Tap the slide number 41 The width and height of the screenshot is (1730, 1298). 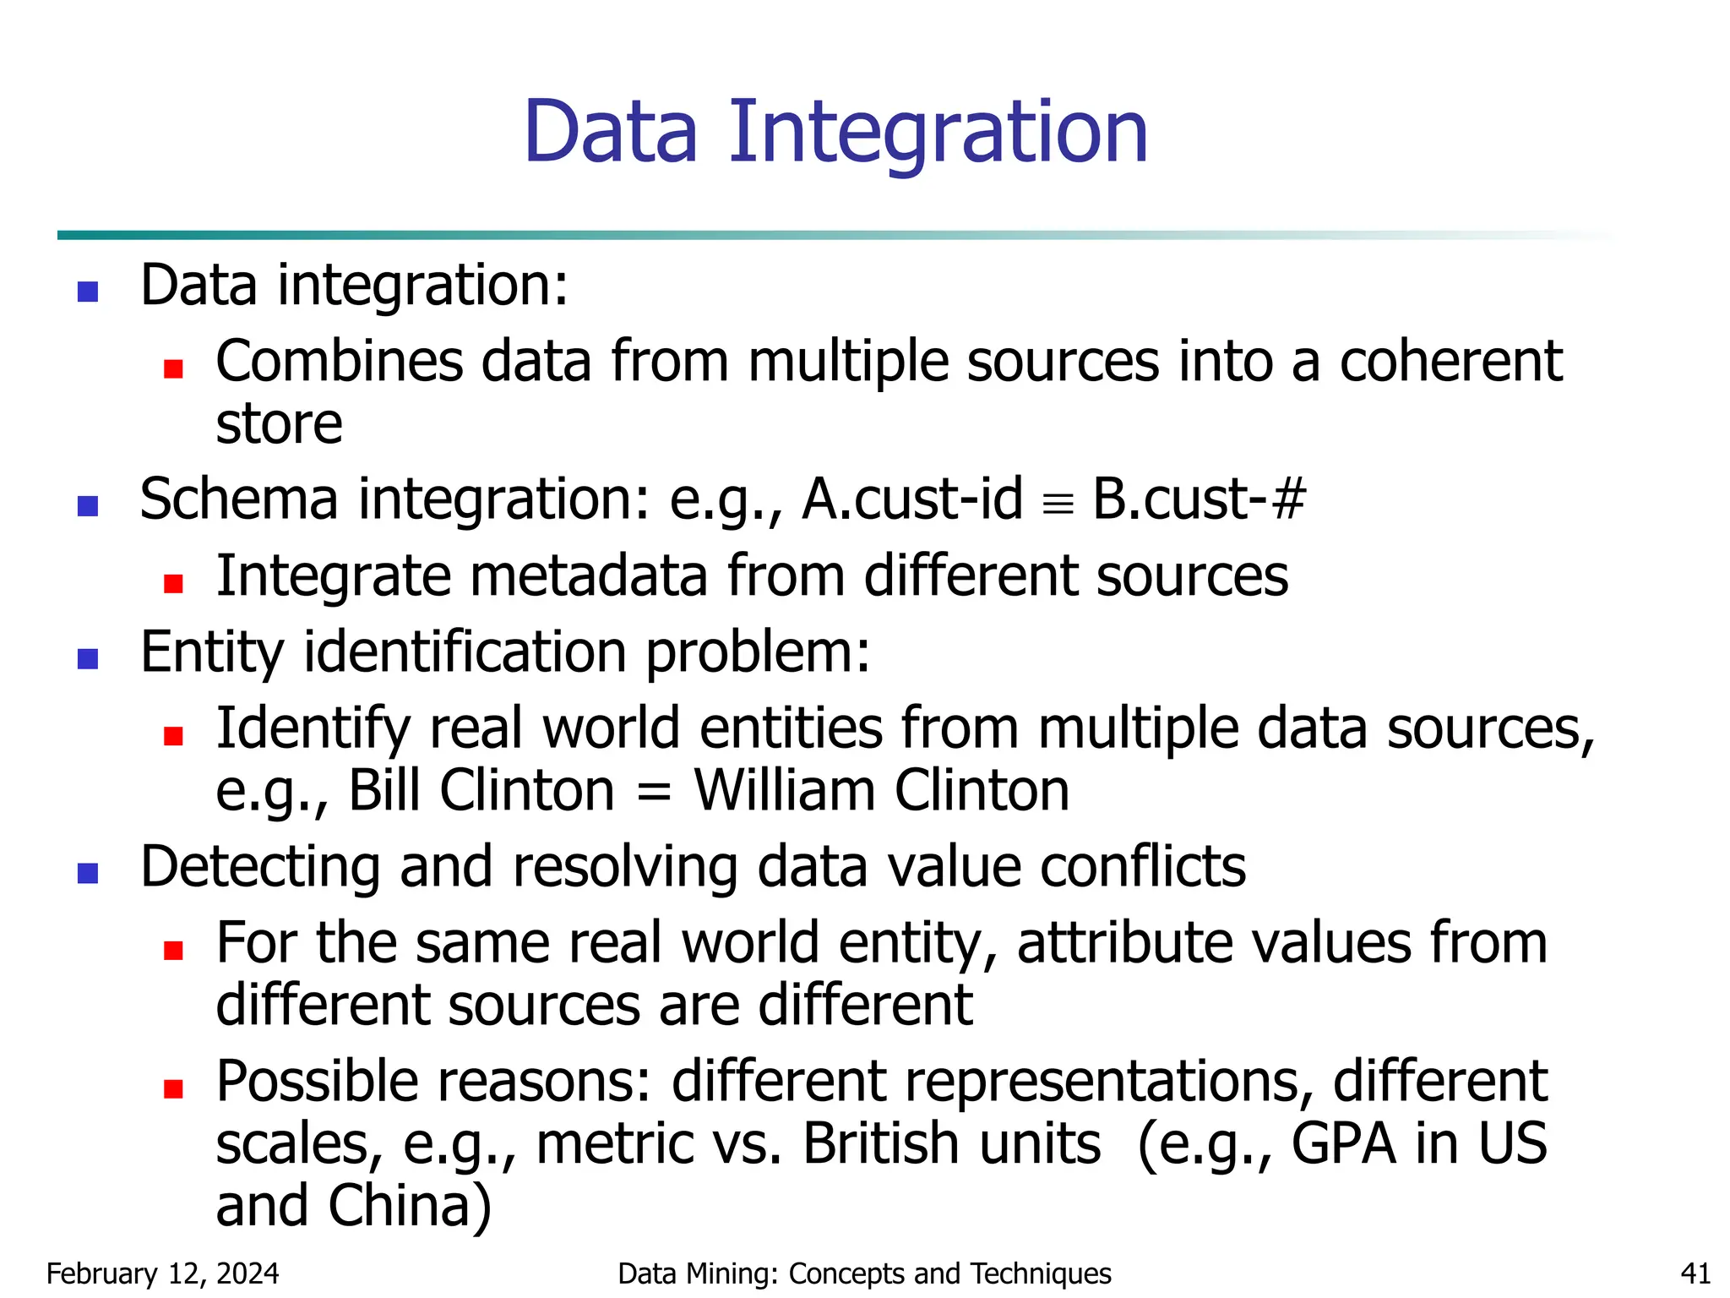click(x=1695, y=1273)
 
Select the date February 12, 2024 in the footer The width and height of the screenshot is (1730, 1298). click(x=162, y=1273)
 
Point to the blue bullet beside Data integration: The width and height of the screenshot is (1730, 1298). click(x=88, y=292)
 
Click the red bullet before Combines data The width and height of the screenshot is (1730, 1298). click(x=173, y=368)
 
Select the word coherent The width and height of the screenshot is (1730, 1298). click(x=1450, y=362)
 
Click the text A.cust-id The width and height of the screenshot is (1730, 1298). click(x=912, y=499)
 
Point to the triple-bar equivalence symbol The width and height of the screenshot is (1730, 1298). click(x=1058, y=506)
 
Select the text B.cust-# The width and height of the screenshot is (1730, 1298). click(x=1199, y=499)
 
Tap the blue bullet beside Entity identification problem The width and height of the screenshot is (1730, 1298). click(x=88, y=658)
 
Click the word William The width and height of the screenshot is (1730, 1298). click(x=784, y=791)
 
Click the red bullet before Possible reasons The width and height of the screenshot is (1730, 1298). click(x=173, y=1088)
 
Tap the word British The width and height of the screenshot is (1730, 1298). click(x=951, y=1144)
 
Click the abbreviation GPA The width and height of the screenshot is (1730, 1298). click(x=1343, y=1144)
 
